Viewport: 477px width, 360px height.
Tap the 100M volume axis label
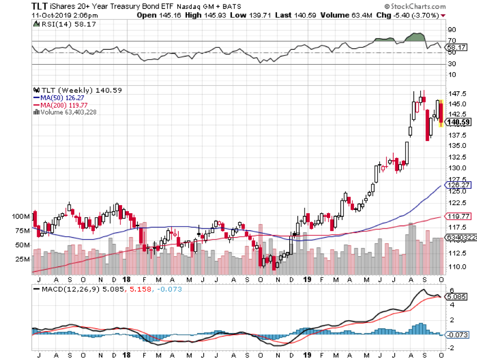(21, 217)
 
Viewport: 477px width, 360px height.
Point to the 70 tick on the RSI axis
(452, 41)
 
